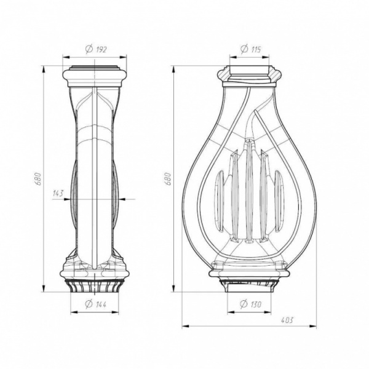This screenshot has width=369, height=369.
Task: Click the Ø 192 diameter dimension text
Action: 96,49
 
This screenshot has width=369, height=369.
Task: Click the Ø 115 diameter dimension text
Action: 251,49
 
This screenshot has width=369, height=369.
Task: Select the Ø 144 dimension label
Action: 95,304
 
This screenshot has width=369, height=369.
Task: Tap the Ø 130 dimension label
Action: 250,304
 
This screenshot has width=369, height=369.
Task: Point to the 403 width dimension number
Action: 287,320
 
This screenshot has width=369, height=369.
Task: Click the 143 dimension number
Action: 58,194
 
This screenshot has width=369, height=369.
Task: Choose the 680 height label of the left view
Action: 39,179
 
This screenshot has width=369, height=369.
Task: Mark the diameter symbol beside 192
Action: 89,49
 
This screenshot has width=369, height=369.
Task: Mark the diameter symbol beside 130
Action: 244,304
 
